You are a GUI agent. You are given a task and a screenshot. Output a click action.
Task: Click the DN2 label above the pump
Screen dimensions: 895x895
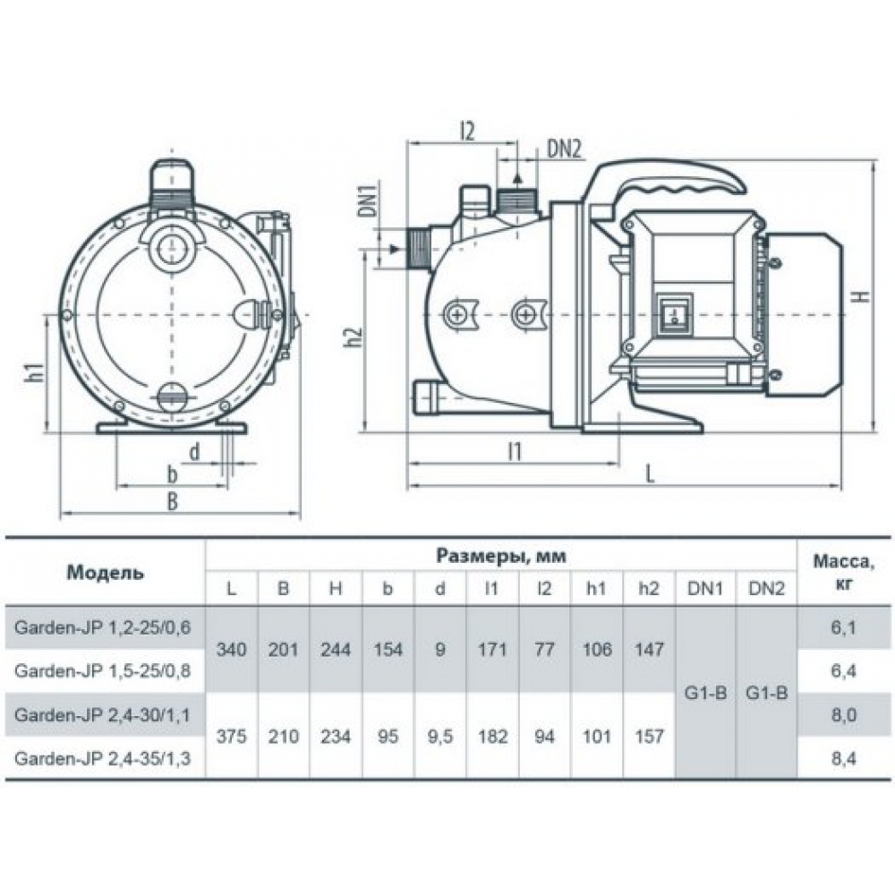tap(564, 149)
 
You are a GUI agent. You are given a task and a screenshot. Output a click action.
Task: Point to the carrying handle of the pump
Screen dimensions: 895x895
tap(667, 183)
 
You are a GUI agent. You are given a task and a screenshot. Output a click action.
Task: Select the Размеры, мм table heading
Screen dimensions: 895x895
tap(502, 556)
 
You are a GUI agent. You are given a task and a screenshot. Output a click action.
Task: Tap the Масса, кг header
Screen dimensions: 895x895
tap(841, 572)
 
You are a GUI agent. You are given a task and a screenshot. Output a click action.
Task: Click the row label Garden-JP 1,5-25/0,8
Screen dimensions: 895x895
tap(102, 669)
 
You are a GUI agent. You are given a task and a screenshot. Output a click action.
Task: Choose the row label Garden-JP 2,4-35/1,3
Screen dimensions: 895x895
tap(102, 758)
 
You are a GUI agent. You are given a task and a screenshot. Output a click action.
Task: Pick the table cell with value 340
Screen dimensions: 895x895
tap(232, 649)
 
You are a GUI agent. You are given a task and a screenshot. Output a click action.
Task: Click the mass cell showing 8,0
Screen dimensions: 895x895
tap(841, 714)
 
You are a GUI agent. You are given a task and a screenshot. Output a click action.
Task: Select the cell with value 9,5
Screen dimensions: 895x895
tap(439, 737)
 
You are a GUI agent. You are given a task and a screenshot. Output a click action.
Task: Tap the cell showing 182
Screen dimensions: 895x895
tap(492, 737)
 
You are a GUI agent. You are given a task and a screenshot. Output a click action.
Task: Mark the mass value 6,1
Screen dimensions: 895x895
tap(841, 627)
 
